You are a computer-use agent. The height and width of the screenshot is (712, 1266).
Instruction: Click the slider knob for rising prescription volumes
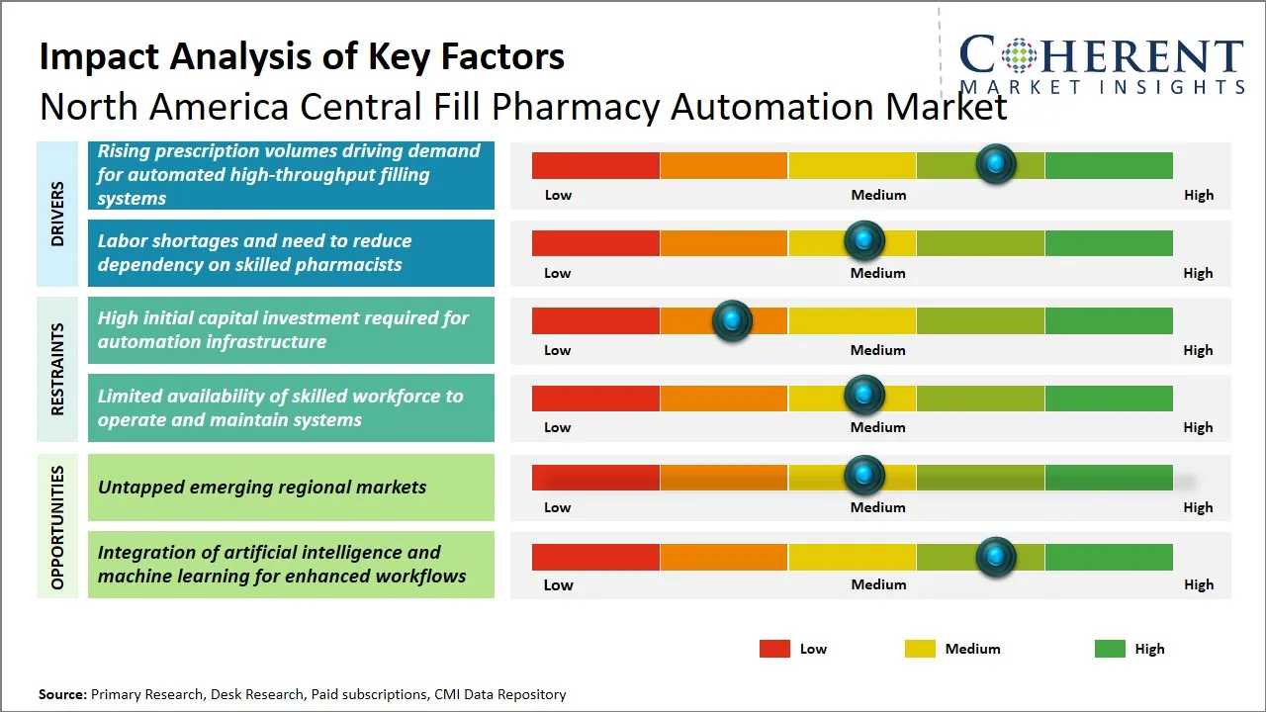click(995, 163)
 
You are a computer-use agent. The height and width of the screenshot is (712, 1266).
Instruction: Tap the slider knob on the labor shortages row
click(863, 240)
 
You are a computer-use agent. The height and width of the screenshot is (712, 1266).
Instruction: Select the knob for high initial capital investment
click(732, 320)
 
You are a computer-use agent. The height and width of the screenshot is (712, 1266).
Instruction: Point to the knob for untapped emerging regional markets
click(863, 476)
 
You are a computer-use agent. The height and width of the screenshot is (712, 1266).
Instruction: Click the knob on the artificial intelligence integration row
click(995, 557)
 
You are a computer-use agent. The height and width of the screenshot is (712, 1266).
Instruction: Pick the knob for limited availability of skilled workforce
click(863, 396)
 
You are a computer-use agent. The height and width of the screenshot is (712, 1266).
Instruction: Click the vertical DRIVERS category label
click(57, 214)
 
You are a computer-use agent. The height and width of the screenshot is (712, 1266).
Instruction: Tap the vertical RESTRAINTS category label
click(57, 369)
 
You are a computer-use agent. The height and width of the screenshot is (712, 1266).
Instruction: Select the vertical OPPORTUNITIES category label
click(57, 527)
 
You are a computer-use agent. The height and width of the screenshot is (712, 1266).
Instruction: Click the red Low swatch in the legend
click(774, 649)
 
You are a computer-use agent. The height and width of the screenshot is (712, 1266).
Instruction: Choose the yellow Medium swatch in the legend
click(920, 649)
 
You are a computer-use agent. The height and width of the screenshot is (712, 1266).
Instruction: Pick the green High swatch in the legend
click(1110, 649)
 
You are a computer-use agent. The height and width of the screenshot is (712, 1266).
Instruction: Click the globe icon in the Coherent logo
click(1018, 55)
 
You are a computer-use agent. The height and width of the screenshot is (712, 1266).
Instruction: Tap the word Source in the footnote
click(61, 694)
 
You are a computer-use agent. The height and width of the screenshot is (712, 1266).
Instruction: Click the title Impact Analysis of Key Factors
click(302, 56)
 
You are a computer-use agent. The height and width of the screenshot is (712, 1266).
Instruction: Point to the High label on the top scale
click(1198, 195)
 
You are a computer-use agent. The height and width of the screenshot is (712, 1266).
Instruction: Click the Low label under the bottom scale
click(558, 584)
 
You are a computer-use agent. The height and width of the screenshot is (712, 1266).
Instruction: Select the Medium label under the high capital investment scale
click(877, 350)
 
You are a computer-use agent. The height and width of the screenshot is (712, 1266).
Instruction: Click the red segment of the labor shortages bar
click(595, 242)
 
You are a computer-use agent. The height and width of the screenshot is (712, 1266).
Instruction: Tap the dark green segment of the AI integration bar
click(1108, 557)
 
